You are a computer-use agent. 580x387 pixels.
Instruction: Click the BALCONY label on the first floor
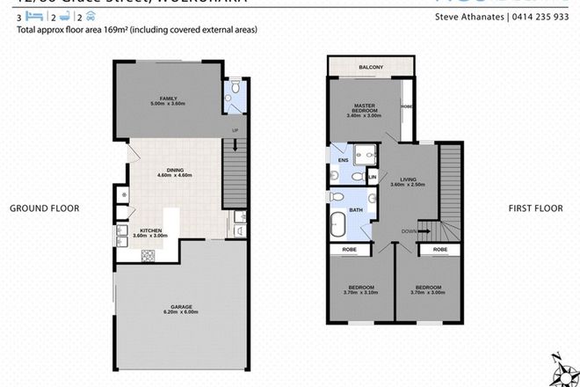[369, 66]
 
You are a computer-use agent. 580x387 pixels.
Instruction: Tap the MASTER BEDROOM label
[364, 107]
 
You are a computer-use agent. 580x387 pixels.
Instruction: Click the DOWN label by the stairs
[409, 231]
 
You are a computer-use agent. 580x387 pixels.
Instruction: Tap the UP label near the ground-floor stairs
[235, 131]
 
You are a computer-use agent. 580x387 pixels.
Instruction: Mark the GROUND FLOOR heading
[44, 208]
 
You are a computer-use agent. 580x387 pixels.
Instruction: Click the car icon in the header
[91, 16]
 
